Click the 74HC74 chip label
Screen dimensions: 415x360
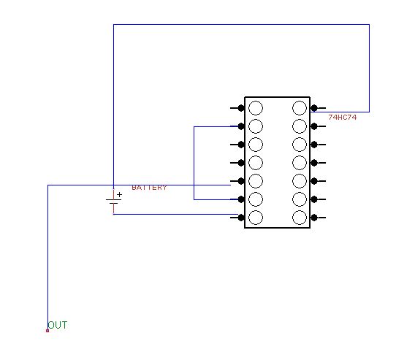coord(342,117)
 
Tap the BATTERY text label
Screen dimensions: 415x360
coord(149,188)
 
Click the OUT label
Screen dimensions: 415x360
coord(58,325)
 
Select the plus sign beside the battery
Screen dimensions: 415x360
coord(120,195)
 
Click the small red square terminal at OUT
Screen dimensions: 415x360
coord(47,331)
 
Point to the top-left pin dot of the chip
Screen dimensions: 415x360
coord(241,108)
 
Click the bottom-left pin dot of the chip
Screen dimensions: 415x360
coord(241,218)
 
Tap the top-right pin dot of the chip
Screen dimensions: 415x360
coord(314,108)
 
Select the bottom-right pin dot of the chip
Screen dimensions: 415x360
coord(314,218)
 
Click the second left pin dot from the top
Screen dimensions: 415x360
coord(241,126)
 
